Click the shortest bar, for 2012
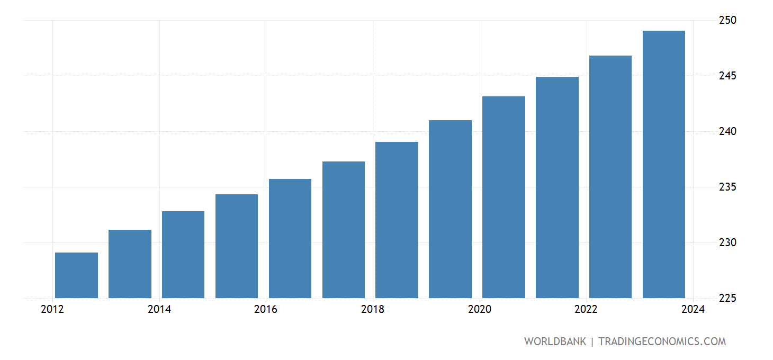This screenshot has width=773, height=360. [76, 275]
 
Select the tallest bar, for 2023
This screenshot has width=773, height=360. [664, 164]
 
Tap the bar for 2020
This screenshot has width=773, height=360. [504, 197]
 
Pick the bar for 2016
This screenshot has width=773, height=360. [290, 238]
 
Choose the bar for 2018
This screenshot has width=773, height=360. [397, 220]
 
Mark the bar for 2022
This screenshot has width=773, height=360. [610, 177]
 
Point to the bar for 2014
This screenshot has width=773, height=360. [183, 255]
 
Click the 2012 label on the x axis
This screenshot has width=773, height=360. [52, 310]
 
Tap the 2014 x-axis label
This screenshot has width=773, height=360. [159, 310]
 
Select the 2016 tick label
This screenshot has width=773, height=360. [266, 310]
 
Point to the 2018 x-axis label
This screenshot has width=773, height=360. [373, 310]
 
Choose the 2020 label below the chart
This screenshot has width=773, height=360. [480, 310]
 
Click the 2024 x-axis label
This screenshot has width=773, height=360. [693, 310]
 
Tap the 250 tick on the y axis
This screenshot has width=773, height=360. [728, 20]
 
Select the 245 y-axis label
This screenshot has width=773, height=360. [728, 76]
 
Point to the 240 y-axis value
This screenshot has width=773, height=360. [728, 131]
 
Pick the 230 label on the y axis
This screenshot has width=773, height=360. [728, 242]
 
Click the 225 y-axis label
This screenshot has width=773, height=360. [728, 298]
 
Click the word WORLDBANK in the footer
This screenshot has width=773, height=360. [555, 341]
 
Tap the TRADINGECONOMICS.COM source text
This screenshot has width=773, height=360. [662, 341]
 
